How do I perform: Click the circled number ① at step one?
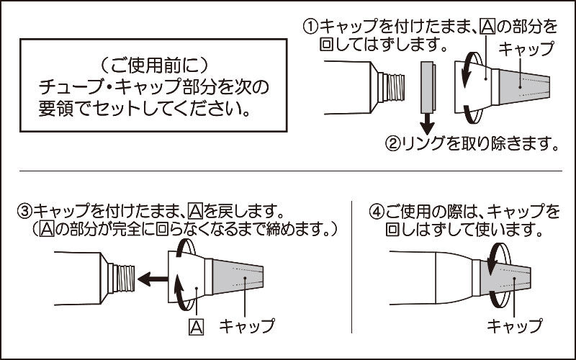click(310, 27)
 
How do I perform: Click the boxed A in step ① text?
click(487, 27)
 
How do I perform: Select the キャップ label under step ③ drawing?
click(248, 325)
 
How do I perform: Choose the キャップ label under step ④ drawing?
click(514, 325)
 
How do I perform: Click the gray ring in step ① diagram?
click(427, 86)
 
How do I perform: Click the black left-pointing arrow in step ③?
click(152, 277)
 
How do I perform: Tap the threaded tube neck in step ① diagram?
click(392, 86)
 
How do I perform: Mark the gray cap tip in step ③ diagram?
click(245, 277)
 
